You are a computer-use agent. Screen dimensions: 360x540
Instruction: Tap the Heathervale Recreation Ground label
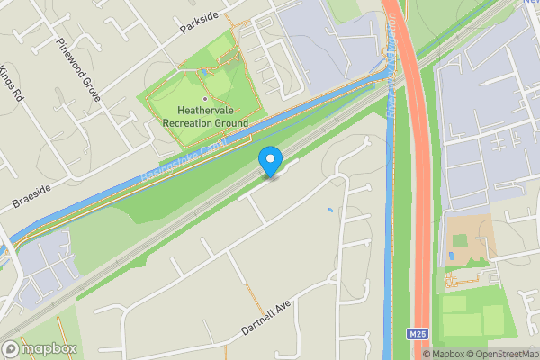click(x=206, y=117)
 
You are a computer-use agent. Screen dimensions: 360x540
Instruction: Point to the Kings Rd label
click(x=9, y=82)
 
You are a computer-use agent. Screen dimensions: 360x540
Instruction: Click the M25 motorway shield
click(x=417, y=334)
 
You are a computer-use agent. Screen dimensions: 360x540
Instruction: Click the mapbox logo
click(x=39, y=348)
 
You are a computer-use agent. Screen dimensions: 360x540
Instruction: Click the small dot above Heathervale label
click(x=206, y=98)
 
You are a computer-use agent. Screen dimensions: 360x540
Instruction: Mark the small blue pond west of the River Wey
click(x=331, y=211)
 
